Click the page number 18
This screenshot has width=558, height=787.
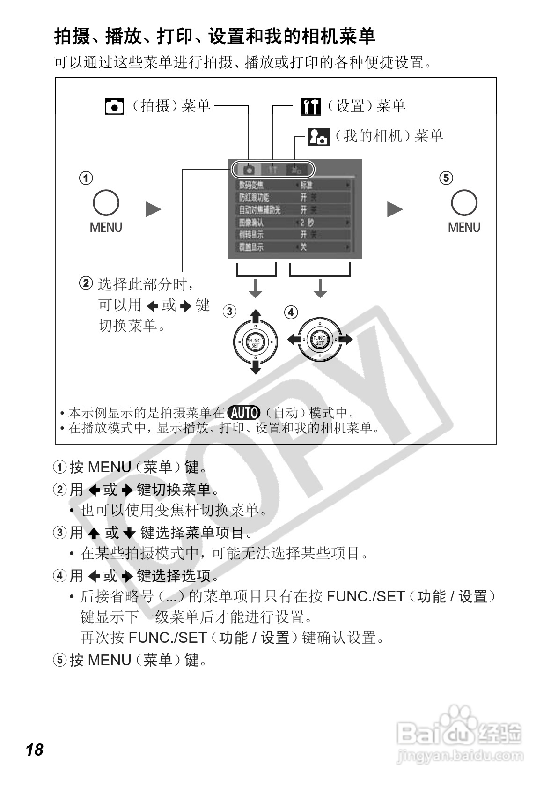pyautogui.click(x=35, y=750)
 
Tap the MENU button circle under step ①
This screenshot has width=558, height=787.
pyautogui.click(x=106, y=203)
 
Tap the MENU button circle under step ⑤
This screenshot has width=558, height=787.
pyautogui.click(x=464, y=203)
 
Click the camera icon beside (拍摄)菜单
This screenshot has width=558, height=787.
pyautogui.click(x=114, y=107)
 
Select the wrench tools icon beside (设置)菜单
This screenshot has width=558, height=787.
pyautogui.click(x=311, y=107)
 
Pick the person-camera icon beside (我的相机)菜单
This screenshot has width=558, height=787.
pyautogui.click(x=318, y=137)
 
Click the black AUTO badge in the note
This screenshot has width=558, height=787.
pyautogui.click(x=243, y=413)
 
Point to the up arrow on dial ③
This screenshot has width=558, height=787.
pyautogui.click(x=255, y=316)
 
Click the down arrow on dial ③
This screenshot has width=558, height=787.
pyautogui.click(x=255, y=368)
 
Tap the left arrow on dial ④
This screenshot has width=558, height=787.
pyautogui.click(x=294, y=339)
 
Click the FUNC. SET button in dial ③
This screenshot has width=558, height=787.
pyautogui.click(x=255, y=342)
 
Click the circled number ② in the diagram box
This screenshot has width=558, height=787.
pyautogui.click(x=86, y=283)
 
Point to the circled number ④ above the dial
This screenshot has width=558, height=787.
pyautogui.click(x=291, y=312)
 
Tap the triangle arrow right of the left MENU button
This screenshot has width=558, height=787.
pyautogui.click(x=153, y=209)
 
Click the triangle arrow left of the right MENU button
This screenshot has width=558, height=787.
pyautogui.click(x=395, y=209)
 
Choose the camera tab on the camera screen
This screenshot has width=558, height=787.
pyautogui.click(x=249, y=169)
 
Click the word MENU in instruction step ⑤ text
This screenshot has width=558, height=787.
pyautogui.click(x=109, y=660)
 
